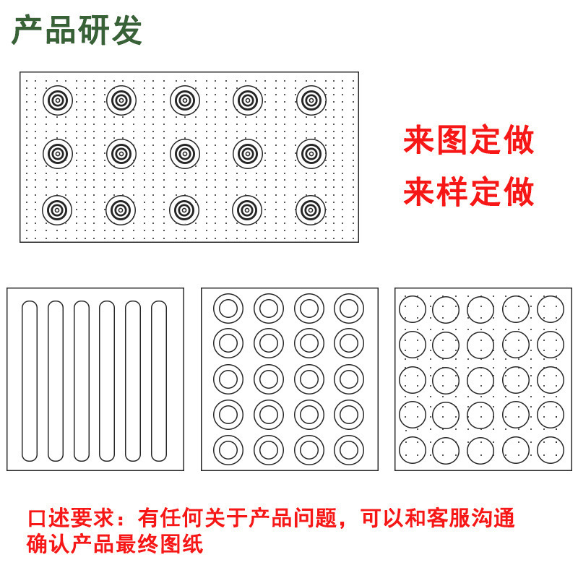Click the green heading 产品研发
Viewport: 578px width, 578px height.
(77, 30)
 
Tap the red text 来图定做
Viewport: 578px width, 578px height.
(468, 140)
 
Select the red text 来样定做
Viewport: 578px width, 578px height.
(468, 192)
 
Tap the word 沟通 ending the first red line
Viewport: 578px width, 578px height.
(496, 518)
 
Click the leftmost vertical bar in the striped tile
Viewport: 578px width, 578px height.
(30, 381)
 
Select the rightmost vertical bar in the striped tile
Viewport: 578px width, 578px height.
(159, 381)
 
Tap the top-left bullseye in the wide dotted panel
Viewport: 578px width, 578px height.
(58, 100)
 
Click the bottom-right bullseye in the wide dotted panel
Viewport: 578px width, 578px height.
(311, 210)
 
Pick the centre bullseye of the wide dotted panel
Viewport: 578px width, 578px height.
(185, 153)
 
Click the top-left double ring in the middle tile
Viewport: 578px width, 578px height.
(228, 309)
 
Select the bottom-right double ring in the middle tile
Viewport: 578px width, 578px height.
(349, 449)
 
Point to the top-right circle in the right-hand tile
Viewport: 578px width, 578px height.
(551, 309)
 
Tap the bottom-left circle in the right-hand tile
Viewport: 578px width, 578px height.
(413, 450)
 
